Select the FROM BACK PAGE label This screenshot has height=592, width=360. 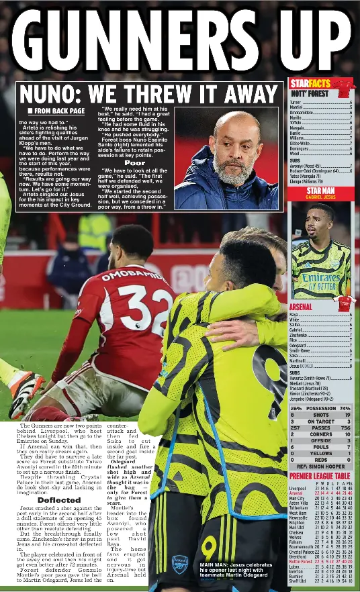[x=56, y=111]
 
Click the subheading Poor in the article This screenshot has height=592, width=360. [x=134, y=163]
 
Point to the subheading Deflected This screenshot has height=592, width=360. [x=59, y=500]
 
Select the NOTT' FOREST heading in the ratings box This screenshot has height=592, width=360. [x=308, y=95]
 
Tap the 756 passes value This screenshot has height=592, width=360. [x=345, y=428]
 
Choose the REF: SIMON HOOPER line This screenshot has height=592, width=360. [x=321, y=466]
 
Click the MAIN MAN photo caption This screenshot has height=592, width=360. [x=235, y=570]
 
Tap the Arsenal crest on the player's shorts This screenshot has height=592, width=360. [x=179, y=564]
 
